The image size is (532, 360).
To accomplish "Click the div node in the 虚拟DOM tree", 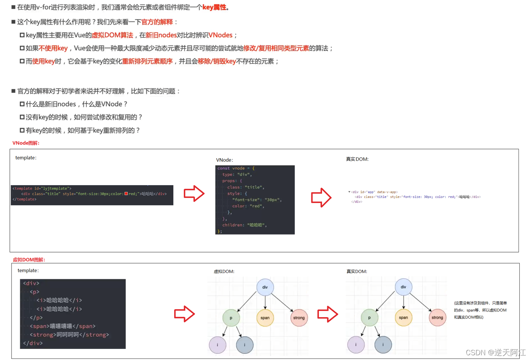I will [265, 287].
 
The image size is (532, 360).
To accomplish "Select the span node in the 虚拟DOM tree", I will [265, 318].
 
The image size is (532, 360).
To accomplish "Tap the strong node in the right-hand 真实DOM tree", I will [437, 318].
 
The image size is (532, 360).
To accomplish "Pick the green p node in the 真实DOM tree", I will [369, 318].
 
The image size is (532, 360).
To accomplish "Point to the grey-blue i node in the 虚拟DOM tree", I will [244, 345].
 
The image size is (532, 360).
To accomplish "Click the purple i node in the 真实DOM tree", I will [356, 345].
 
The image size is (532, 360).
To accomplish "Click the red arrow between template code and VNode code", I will [194, 194].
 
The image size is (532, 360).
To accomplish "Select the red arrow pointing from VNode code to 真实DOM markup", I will [321, 197].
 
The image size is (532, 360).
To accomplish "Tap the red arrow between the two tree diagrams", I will [328, 314].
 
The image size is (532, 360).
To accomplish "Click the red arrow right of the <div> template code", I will [184, 314].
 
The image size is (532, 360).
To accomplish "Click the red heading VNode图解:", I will [26, 143].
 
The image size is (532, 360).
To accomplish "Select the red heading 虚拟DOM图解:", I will [29, 260].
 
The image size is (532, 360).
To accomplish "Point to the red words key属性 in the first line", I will [215, 7].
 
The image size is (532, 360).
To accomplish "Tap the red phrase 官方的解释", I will [157, 22].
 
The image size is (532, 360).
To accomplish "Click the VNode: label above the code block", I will [225, 160].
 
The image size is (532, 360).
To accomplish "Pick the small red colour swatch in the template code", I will [126, 194].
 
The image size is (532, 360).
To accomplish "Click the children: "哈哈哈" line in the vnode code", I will [244, 225].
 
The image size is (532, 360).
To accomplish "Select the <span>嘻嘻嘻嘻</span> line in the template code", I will [62, 326].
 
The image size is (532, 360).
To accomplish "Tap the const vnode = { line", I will [236, 168].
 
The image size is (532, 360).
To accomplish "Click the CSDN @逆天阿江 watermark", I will [496, 352].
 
